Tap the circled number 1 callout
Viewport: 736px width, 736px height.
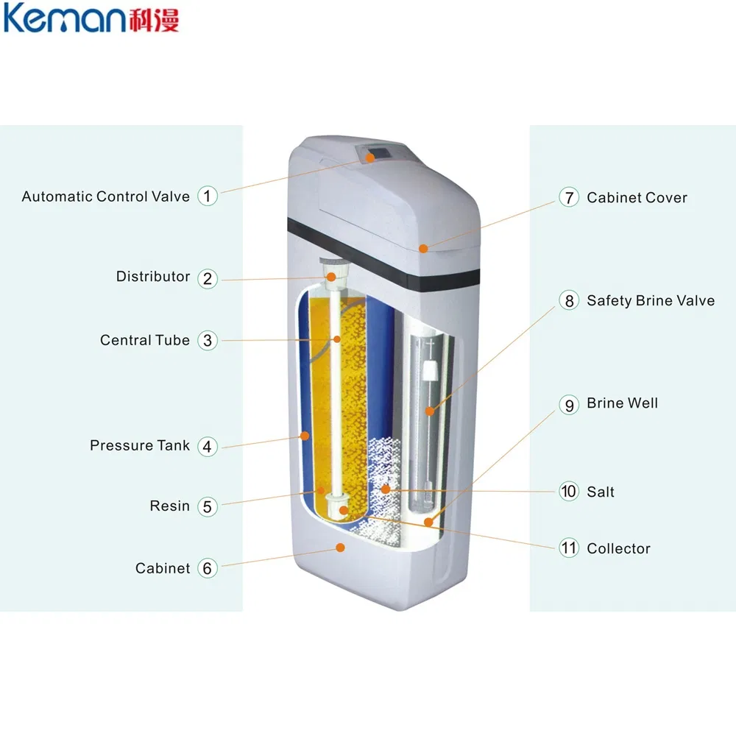click(x=208, y=196)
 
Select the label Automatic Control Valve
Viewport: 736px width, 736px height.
click(x=105, y=197)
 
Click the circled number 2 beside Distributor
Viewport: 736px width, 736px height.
click(x=208, y=277)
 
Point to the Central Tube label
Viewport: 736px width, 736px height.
click(x=145, y=340)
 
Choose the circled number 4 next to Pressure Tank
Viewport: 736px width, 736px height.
click(x=208, y=446)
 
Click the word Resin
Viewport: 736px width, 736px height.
click(x=170, y=506)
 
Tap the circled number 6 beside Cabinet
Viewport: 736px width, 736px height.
click(x=208, y=568)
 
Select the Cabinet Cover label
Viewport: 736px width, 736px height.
click(x=637, y=197)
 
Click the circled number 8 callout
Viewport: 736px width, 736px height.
click(x=569, y=300)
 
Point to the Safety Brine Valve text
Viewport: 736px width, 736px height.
click(x=651, y=300)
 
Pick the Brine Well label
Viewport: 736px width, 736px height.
click(x=622, y=403)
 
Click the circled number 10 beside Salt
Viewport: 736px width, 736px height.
click(x=569, y=491)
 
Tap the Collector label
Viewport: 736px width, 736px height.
click(x=618, y=548)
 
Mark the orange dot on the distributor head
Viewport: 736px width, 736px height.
click(x=332, y=277)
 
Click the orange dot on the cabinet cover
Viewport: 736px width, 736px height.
click(x=424, y=248)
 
